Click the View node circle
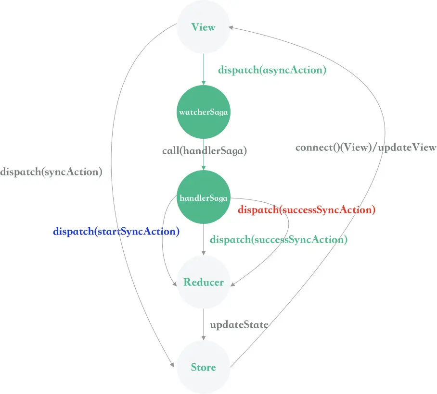click(x=204, y=27)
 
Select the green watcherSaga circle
click(x=204, y=112)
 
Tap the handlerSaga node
click(x=204, y=197)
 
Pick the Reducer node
click(x=204, y=282)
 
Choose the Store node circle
click(x=204, y=368)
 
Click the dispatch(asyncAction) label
click(x=272, y=70)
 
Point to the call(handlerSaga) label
click(x=205, y=151)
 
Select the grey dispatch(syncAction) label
click(x=51, y=172)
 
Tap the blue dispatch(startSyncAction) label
click(x=116, y=232)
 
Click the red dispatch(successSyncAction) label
click(x=307, y=209)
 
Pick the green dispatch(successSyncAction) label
click(x=279, y=239)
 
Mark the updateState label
click(x=239, y=325)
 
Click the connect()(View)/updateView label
click(x=366, y=147)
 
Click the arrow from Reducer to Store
click(x=204, y=324)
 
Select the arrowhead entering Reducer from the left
click(x=174, y=284)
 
